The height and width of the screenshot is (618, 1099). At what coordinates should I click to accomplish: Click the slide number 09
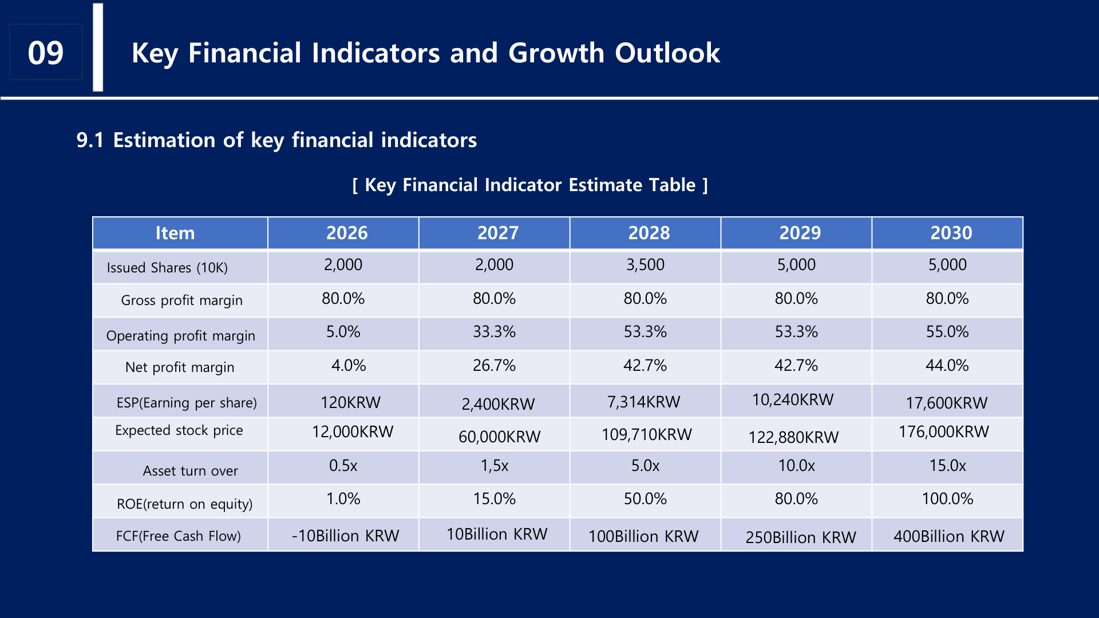(46, 53)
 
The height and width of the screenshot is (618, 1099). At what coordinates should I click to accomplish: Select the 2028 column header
(649, 233)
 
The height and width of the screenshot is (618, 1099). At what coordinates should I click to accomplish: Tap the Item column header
(175, 233)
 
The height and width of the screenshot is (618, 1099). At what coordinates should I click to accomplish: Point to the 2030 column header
(951, 233)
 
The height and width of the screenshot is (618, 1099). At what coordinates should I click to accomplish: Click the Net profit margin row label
(180, 367)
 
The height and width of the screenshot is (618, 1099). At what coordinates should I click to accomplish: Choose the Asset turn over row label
(190, 471)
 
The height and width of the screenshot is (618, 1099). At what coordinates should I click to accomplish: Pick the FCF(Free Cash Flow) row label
(178, 536)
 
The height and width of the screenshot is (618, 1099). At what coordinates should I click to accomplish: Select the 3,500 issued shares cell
(645, 265)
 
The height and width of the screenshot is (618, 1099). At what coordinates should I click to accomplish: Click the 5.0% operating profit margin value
(343, 332)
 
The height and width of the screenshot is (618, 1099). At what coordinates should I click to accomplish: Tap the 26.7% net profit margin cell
(494, 366)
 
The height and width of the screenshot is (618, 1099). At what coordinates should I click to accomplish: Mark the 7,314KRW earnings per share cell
(643, 402)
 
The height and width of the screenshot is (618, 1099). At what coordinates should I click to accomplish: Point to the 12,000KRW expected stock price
(353, 431)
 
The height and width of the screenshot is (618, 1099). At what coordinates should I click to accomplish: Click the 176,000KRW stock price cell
(943, 431)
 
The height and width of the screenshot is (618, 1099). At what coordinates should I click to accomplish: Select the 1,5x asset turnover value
(495, 466)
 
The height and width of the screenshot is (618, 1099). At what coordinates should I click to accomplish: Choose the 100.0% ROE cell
(947, 499)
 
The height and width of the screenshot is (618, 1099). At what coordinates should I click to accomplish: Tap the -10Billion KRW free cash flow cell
(345, 536)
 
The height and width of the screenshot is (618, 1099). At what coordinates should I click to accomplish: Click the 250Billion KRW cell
(800, 537)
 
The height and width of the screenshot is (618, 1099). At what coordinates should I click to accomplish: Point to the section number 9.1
(90, 140)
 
